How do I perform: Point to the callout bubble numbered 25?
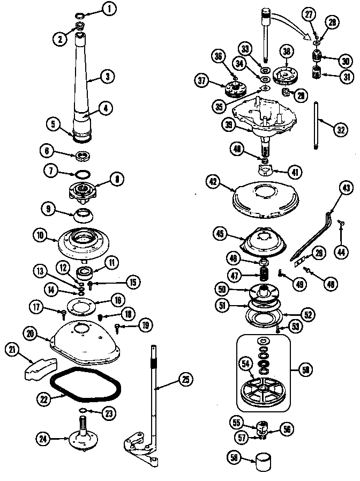pyautogui.click(x=184, y=380)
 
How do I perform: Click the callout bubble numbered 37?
pyautogui.click(x=202, y=82)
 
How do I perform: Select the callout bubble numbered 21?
pyautogui.click(x=12, y=349)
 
